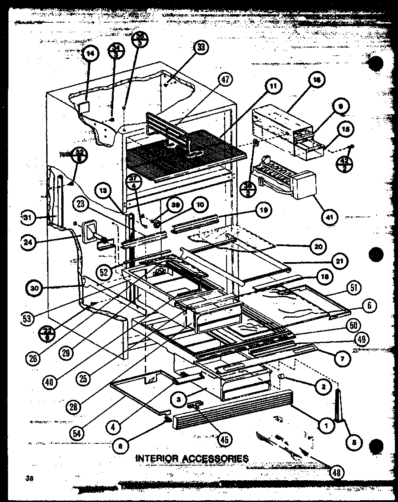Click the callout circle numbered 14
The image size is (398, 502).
90,54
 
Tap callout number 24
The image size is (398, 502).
29,242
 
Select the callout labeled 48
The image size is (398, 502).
337,472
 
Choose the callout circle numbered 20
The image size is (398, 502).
319,246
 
